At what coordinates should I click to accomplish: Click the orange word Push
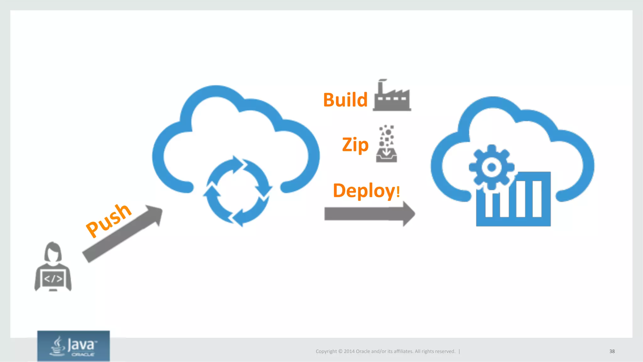pos(108,220)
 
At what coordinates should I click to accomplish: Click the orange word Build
pos(345,100)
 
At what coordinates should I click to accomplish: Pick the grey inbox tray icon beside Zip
pos(386,155)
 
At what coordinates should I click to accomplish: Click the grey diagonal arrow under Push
pos(122,234)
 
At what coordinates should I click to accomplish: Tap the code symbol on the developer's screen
pos(53,278)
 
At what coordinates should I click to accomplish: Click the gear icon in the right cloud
pos(491,167)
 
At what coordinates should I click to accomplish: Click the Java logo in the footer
pos(73,346)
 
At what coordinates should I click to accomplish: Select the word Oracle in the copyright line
pos(363,351)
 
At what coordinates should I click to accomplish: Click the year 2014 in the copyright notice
pos(349,351)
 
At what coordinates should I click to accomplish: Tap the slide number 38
pos(612,351)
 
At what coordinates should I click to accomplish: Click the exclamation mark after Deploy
pos(398,191)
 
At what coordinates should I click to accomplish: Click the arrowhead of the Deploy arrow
pos(409,214)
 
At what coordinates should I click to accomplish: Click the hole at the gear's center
pos(491,167)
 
